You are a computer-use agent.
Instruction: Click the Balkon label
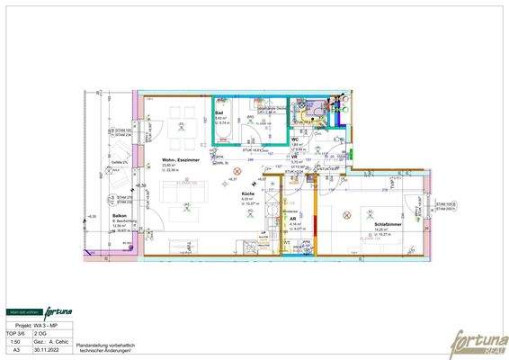pos(119,217)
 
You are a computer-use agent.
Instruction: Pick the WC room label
pos(295,139)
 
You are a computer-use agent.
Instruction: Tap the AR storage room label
pos(292,219)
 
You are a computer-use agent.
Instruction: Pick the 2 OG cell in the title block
pos(41,333)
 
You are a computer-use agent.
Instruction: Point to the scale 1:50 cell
pos(15,342)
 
